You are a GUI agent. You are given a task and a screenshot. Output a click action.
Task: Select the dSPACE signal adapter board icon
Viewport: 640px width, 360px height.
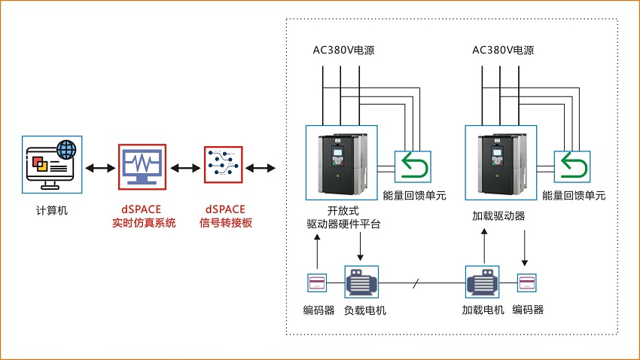coord(223,166)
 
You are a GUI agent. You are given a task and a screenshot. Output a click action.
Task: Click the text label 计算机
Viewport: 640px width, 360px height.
coord(52,210)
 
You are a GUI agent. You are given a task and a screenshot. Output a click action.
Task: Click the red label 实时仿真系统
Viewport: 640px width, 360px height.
coord(144,222)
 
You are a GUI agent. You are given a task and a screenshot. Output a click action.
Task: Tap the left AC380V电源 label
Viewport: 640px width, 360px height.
coord(343,51)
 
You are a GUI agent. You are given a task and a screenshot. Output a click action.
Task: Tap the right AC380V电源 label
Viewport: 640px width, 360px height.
coord(503,51)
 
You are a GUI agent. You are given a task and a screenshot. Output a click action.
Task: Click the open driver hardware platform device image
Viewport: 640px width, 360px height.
coord(341,163)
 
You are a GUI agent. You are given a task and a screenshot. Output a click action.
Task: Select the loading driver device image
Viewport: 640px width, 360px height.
coord(501,163)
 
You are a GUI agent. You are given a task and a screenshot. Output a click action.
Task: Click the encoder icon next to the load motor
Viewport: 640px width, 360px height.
coord(317,283)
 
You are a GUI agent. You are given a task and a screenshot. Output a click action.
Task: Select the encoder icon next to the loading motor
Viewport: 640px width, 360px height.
coord(526,283)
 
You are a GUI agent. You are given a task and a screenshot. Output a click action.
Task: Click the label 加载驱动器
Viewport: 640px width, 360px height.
coord(498,216)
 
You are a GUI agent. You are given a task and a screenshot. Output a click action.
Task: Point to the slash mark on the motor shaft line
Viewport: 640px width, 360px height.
coord(416,284)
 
